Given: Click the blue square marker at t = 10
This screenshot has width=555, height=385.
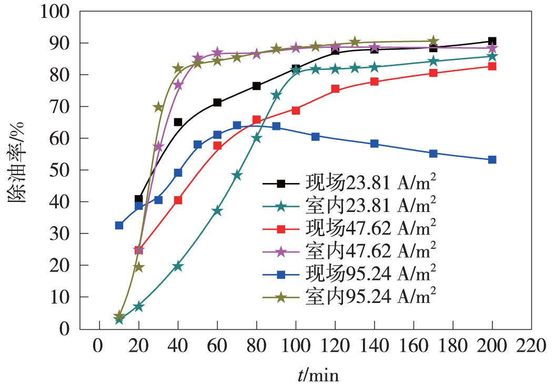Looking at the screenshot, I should (119, 226).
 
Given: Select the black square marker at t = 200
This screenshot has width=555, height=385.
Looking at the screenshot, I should (492, 41).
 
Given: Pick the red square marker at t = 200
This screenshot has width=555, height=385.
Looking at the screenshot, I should (492, 67).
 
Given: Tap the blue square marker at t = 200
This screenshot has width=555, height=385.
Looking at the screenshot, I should (492, 159).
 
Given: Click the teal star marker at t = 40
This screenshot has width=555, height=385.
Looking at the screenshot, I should (178, 266).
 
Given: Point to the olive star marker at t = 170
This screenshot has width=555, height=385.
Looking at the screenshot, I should (433, 41).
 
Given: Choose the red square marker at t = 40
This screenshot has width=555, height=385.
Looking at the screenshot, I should (178, 200).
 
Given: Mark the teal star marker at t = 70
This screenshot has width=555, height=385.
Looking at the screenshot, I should (237, 175).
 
